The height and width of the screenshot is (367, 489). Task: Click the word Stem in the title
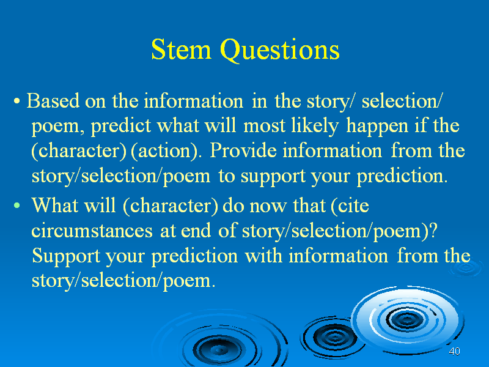tap(181, 50)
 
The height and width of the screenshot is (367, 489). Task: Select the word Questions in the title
tap(280, 51)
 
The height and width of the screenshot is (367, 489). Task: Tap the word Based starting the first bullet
tap(53, 101)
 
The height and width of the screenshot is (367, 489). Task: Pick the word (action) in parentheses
tap(164, 151)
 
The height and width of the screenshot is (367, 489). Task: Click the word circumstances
tap(92, 231)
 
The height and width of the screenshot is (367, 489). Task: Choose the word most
tap(264, 127)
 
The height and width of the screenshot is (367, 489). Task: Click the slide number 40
tap(454, 351)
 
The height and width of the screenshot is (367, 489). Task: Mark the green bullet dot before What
tap(17, 206)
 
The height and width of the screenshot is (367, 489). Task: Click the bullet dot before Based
tap(17, 101)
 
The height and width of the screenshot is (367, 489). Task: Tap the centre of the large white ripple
tap(406, 319)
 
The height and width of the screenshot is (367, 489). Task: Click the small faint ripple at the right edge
tap(466, 268)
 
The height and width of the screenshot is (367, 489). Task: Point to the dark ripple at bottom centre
tap(219, 346)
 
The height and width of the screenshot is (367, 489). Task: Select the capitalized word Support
tap(65, 256)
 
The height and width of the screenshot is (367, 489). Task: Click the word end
tap(196, 231)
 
